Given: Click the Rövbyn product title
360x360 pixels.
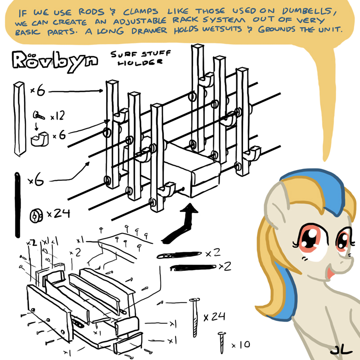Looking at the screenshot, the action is pyautogui.click(x=55, y=60).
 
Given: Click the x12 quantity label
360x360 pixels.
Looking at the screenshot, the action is pyautogui.click(x=58, y=116).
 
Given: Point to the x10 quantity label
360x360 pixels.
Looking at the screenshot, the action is pyautogui.click(x=241, y=345).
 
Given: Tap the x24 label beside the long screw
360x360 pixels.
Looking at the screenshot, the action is pyautogui.click(x=214, y=317).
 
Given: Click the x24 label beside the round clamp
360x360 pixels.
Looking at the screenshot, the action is pyautogui.click(x=58, y=213).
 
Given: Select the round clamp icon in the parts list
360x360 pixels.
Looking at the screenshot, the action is pyautogui.click(x=36, y=216).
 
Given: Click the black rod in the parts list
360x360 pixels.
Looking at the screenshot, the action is pyautogui.click(x=18, y=205).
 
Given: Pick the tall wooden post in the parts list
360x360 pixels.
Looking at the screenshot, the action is pyautogui.click(x=19, y=119).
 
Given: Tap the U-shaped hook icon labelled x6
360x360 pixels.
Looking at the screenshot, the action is pyautogui.click(x=40, y=139).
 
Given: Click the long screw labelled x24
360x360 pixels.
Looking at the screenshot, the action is pyautogui.click(x=195, y=318).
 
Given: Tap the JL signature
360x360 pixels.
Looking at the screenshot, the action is pyautogui.click(x=342, y=351).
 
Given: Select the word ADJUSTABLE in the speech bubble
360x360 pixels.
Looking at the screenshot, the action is pyautogui.click(x=139, y=21).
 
